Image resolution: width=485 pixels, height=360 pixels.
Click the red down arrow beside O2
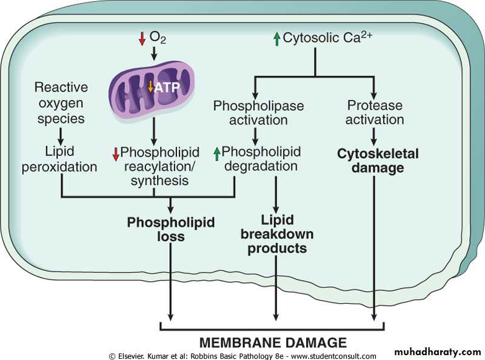[142, 39]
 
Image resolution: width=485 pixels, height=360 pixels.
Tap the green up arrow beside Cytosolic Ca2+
[276, 39]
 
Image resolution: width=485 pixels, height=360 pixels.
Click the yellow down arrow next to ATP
[151, 87]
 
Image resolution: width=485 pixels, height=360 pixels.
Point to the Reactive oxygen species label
[61, 103]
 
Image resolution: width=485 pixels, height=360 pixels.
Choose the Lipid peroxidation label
[59, 159]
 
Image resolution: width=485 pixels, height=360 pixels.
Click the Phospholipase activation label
[258, 112]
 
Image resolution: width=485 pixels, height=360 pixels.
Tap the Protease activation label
[374, 112]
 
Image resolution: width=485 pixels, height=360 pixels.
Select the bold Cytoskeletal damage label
[378, 161]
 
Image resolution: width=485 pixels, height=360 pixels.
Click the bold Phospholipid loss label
[170, 229]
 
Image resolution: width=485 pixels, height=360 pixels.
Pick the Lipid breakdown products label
[276, 234]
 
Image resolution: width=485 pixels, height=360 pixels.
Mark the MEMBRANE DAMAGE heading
[273, 342]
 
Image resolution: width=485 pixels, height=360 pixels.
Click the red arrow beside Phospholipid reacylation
[116, 154]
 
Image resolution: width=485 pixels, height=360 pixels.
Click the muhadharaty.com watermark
[437, 352]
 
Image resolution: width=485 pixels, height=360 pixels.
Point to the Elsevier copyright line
[242, 356]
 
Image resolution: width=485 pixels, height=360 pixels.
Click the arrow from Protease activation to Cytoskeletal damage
[374, 135]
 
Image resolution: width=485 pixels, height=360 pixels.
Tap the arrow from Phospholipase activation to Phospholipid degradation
[256, 135]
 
